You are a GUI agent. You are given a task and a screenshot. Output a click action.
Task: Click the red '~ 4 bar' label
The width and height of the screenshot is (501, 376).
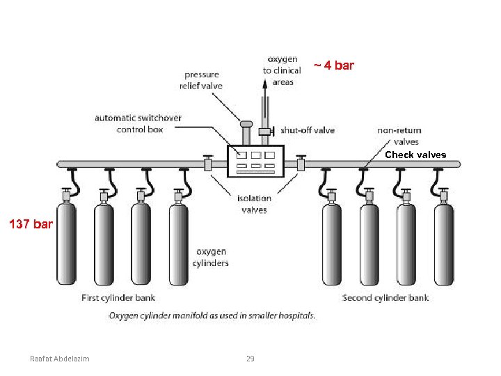tap(333, 65)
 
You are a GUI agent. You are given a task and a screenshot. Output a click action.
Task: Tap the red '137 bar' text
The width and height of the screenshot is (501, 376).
tap(30, 224)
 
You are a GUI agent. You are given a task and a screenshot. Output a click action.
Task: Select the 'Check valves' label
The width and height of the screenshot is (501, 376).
tap(415, 155)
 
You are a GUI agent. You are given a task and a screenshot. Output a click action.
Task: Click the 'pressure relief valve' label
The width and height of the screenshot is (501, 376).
tap(202, 80)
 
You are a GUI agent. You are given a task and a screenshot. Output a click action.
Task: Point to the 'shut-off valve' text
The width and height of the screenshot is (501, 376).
tap(307, 130)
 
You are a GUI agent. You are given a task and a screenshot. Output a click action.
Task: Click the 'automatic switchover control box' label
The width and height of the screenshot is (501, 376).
tap(138, 123)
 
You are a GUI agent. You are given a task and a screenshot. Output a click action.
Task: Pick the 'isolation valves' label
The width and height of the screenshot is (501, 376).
tap(254, 204)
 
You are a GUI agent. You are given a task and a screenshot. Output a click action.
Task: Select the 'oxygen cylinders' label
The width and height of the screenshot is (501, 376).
tap(212, 257)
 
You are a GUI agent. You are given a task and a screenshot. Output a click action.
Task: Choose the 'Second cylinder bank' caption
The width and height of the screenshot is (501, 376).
tap(385, 298)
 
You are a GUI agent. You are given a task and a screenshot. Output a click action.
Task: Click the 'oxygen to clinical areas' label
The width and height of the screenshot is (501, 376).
tap(282, 70)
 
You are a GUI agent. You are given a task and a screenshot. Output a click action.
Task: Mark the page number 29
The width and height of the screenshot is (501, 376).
tap(250, 359)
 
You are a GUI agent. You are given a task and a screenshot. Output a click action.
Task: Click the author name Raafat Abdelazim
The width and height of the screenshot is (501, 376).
tap(64, 359)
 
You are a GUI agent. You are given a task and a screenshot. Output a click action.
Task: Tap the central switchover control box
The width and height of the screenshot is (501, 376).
tap(255, 161)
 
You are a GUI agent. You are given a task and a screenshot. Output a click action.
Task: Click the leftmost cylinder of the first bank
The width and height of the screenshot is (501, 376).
tap(66, 244)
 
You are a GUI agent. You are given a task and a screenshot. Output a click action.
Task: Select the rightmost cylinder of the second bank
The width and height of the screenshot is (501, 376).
tap(443, 244)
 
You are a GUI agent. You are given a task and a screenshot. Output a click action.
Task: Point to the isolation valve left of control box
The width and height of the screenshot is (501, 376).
tap(207, 164)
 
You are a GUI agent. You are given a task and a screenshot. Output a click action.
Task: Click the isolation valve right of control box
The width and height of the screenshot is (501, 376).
tap(301, 164)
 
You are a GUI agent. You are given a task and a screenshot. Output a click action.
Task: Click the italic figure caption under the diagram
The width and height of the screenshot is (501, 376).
tap(212, 315)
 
